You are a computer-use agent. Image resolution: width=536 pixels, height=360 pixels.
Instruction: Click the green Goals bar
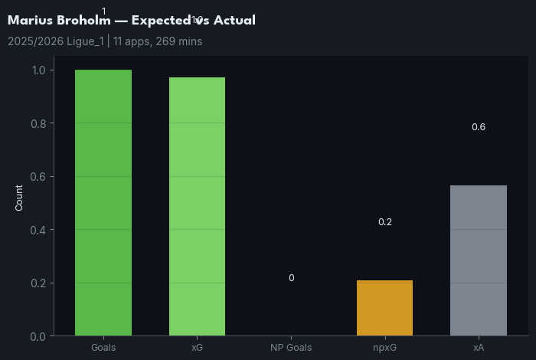[103, 203]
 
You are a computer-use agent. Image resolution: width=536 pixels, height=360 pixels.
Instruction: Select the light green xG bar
[197, 207]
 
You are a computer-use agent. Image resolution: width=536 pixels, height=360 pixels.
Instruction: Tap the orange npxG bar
[384, 308]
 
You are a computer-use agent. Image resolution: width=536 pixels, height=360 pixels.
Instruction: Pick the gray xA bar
[479, 260]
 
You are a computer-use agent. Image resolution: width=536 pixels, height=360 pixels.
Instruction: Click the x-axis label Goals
[103, 348]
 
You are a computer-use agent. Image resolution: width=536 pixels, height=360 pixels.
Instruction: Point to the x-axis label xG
[197, 348]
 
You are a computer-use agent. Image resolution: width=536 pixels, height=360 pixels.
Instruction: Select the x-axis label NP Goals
[291, 348]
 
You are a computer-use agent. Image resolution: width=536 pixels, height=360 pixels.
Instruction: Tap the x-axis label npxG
[384, 348]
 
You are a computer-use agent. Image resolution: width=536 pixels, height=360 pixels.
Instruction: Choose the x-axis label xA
[479, 348]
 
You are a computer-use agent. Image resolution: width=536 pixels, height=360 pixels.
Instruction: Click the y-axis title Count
[19, 198]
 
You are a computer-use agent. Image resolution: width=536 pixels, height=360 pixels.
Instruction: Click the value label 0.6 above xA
[479, 127]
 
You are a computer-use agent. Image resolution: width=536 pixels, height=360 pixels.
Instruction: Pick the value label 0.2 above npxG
[384, 222]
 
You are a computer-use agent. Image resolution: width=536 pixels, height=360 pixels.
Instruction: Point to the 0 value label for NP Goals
[291, 278]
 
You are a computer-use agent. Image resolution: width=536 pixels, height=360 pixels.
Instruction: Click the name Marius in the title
[29, 21]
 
